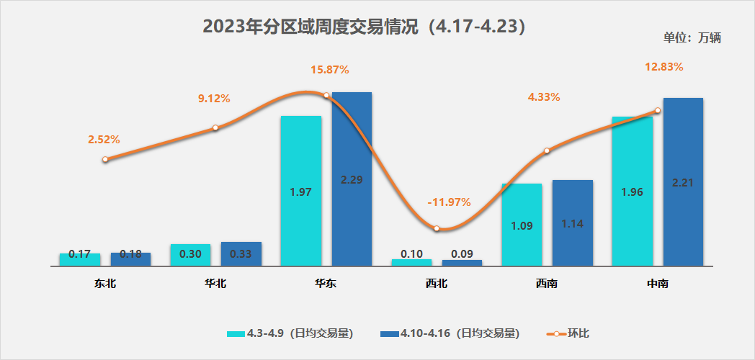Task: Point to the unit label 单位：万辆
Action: tap(692, 38)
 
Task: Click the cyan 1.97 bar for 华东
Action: tap(300, 191)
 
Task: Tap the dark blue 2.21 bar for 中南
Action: tap(682, 181)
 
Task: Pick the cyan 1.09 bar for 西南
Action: tap(522, 225)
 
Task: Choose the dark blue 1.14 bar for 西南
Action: tap(572, 222)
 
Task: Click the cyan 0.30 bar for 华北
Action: tap(190, 255)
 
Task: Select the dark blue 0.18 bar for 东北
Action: tap(130, 259)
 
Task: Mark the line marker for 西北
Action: tap(437, 228)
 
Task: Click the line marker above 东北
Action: tap(105, 159)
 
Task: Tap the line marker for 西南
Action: tap(547, 150)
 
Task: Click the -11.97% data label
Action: tap(448, 202)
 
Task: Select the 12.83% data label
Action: tap(663, 67)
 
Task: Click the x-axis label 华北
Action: tap(215, 284)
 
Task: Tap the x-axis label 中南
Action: tap(657, 284)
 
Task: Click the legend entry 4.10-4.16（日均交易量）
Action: tap(448, 333)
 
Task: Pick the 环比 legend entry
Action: tap(569, 333)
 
